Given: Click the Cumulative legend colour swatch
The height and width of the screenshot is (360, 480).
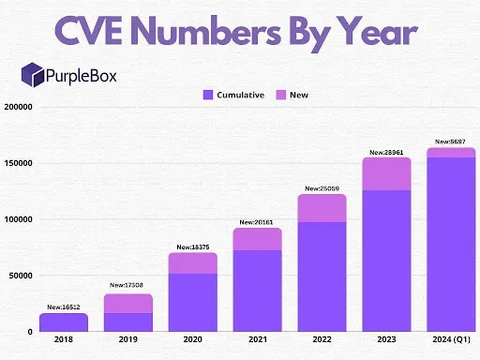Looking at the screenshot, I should point(208,95).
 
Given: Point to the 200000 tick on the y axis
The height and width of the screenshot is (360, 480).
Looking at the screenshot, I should point(19,107).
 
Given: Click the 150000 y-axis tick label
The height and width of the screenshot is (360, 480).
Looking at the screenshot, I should point(19,163).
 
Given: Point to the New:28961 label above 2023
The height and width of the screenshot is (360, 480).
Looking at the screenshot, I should point(385,151).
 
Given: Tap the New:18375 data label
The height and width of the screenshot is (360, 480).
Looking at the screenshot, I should point(191,247).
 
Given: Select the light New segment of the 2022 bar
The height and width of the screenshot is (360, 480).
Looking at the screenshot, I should point(321,208).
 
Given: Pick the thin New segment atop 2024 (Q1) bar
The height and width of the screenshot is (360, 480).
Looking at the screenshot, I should point(450,152).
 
